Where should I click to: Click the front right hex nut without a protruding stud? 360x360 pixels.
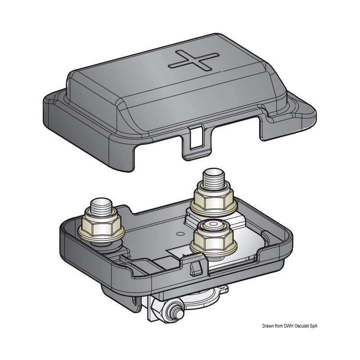coord(213,237)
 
